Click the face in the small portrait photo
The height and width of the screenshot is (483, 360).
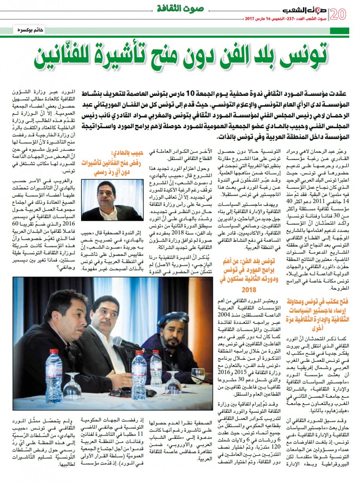109,193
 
